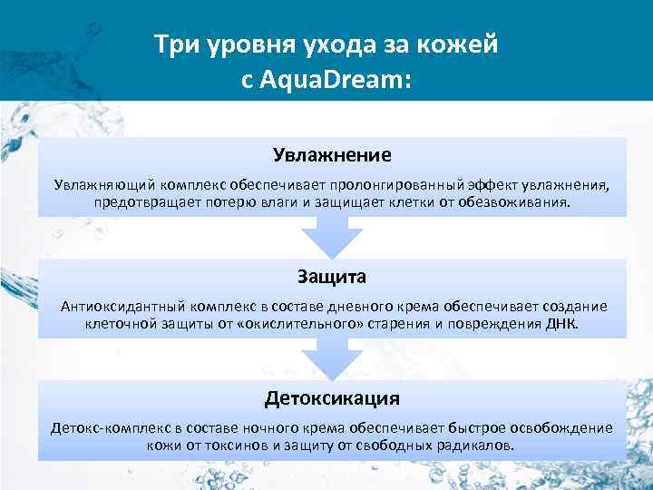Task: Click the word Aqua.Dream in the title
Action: tap(336, 80)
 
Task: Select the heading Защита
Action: tap(332, 276)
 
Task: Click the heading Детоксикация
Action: tap(332, 397)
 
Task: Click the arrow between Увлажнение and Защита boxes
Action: tap(332, 238)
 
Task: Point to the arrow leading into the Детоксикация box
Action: tap(332, 359)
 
